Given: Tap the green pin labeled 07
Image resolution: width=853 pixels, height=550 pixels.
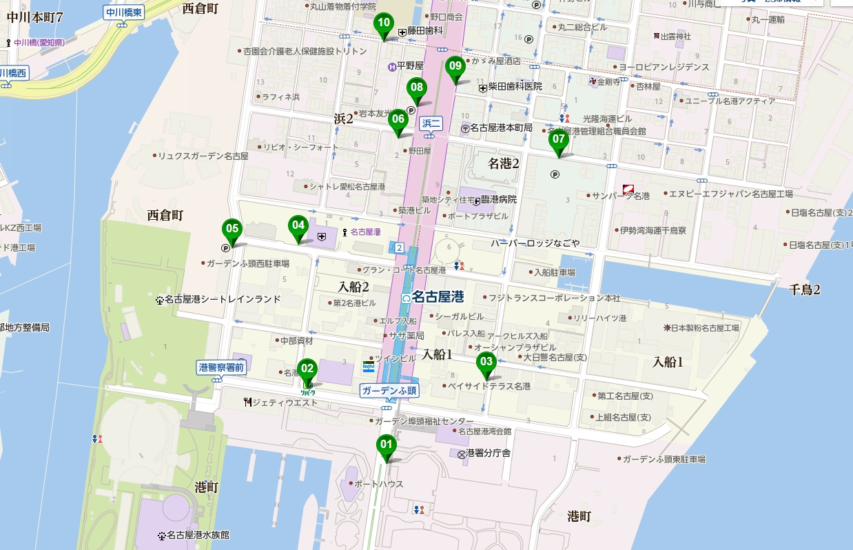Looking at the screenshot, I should [557, 140].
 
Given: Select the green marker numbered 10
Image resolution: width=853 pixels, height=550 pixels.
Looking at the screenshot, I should [384, 23].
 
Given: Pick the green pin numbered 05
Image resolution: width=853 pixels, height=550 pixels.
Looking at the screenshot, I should [231, 229].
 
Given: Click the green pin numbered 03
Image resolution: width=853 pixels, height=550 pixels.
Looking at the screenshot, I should [486, 362].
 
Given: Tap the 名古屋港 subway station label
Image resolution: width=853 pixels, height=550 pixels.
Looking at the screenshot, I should [438, 297].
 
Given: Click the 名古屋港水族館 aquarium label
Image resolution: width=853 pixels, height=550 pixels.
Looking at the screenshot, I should [196, 535].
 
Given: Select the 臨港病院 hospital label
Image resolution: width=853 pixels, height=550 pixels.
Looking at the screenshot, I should [498, 199].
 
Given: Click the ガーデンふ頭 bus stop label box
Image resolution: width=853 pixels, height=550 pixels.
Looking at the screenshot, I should [388, 390].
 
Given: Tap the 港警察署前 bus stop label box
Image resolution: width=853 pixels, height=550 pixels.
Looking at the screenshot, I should [220, 367].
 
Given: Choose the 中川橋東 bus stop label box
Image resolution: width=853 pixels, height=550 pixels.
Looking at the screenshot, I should [124, 12].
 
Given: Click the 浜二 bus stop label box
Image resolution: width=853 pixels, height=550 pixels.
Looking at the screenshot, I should [431, 123].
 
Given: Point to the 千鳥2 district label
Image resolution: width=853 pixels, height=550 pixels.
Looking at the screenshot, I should [805, 289].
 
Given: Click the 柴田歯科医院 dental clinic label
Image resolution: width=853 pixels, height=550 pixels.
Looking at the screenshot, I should [515, 87].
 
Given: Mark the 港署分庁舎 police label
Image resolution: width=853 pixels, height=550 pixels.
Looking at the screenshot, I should [488, 453].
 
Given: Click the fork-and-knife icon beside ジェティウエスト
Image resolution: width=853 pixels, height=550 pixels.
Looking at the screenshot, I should [247, 402].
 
